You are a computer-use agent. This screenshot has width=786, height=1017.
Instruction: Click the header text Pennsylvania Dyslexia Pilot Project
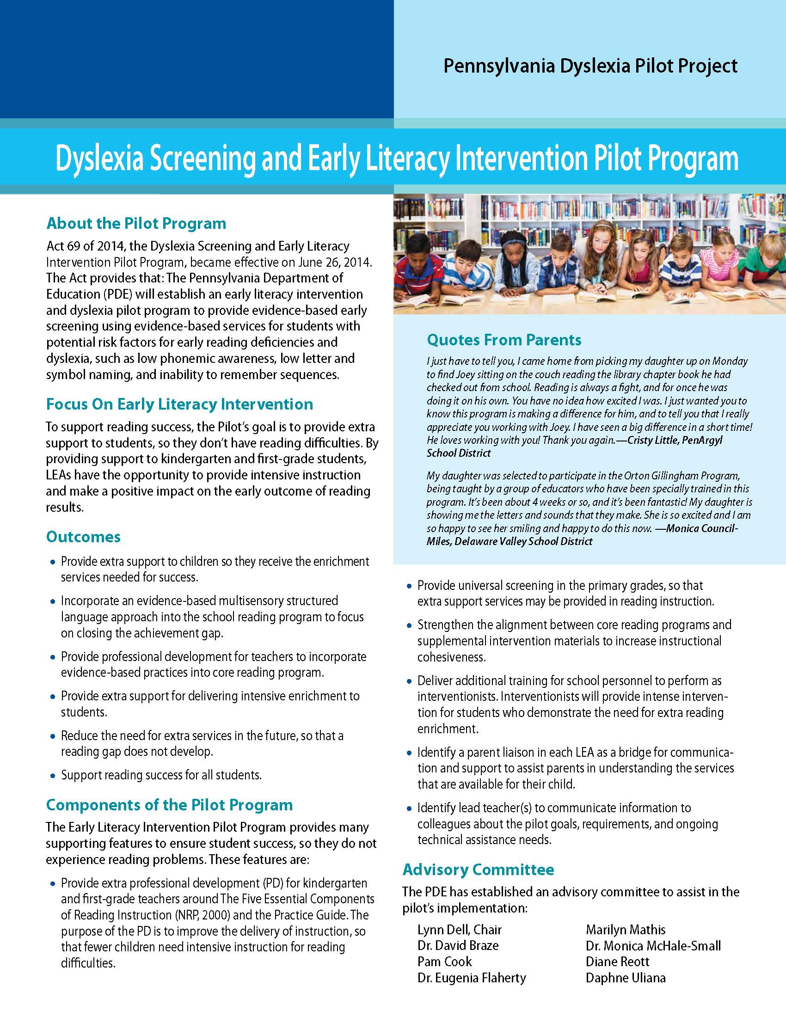[x=590, y=66]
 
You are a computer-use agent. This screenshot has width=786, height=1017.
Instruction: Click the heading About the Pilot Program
[x=136, y=224]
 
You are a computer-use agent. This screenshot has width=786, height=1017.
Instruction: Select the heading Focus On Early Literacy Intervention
[x=179, y=404]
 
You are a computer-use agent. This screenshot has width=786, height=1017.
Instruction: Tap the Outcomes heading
[x=83, y=537]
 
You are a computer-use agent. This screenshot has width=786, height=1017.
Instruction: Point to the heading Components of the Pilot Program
[x=170, y=805]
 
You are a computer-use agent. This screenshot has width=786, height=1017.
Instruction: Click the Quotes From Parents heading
[x=504, y=340]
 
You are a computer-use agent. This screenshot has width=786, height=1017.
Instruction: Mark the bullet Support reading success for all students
[x=161, y=775]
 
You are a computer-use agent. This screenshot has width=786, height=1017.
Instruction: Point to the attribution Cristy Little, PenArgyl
[x=675, y=440]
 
